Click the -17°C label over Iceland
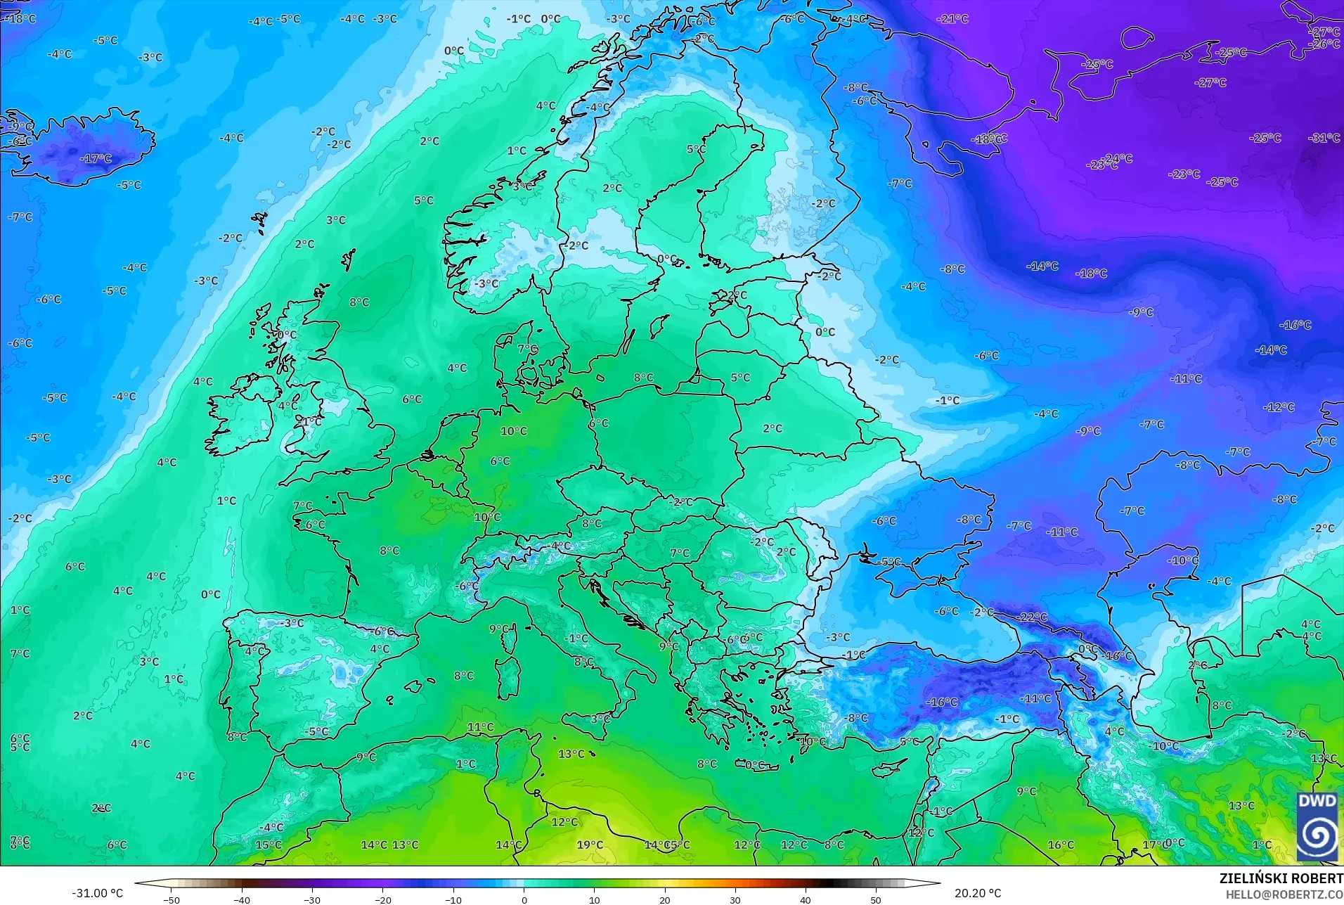(x=96, y=159)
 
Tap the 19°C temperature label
(x=590, y=845)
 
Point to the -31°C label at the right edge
(x=1324, y=138)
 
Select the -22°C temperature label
(x=1032, y=617)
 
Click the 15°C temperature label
(x=269, y=845)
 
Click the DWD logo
(x=1317, y=826)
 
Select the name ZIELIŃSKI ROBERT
(x=1281, y=879)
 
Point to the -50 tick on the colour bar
(x=172, y=899)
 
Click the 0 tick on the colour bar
(x=524, y=899)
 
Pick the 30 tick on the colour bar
(x=735, y=899)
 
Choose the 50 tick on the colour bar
(x=876, y=899)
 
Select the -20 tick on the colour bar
(x=383, y=899)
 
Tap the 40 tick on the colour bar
(x=806, y=899)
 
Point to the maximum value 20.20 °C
(x=978, y=893)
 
